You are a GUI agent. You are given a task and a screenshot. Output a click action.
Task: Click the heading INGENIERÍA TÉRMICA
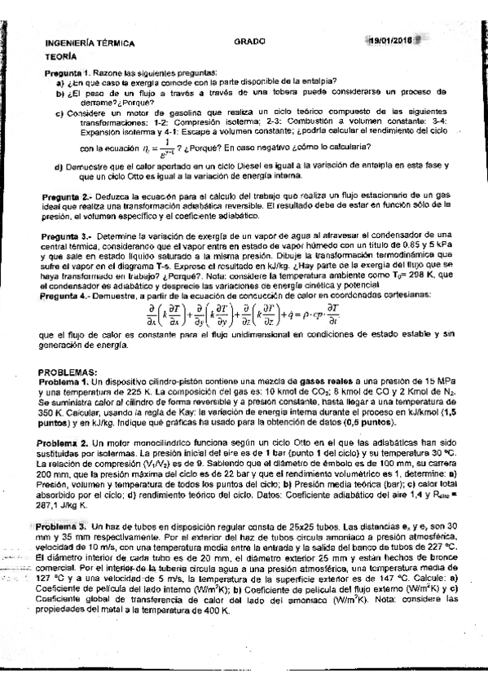tap(90, 43)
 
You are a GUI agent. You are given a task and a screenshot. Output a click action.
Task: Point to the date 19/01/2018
tap(392, 43)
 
